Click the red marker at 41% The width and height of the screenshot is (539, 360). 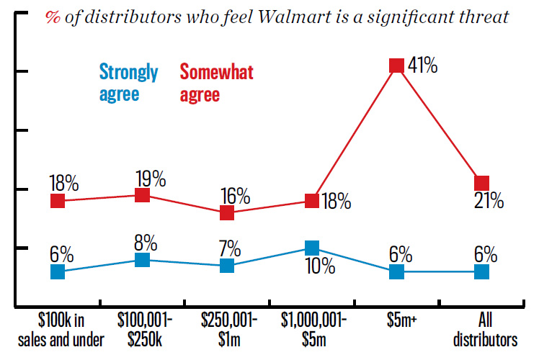click(396, 66)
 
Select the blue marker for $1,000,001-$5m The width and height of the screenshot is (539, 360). click(312, 248)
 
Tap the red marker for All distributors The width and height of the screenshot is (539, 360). click(481, 183)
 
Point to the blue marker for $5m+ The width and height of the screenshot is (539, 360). click(396, 271)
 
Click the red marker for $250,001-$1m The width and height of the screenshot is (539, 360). click(227, 212)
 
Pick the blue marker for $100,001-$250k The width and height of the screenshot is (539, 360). click(142, 260)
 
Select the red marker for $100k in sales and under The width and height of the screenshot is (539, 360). click(58, 201)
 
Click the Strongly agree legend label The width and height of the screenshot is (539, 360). click(128, 83)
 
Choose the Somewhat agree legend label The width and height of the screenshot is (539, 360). click(217, 83)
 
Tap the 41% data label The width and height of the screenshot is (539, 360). click(422, 65)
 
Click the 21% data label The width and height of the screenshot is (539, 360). click(489, 201)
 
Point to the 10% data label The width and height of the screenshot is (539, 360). click(320, 266)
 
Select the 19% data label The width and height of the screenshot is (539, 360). click(151, 179)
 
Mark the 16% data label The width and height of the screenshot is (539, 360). click(236, 196)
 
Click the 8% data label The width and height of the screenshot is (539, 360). click(146, 243)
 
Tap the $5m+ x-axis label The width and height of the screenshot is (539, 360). click(401, 320)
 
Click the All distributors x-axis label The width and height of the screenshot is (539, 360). click(485, 330)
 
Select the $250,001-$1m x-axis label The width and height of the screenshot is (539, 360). click(229, 330)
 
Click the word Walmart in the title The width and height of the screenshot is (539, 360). click(294, 17)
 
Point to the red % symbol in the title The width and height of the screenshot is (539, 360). click(53, 17)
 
